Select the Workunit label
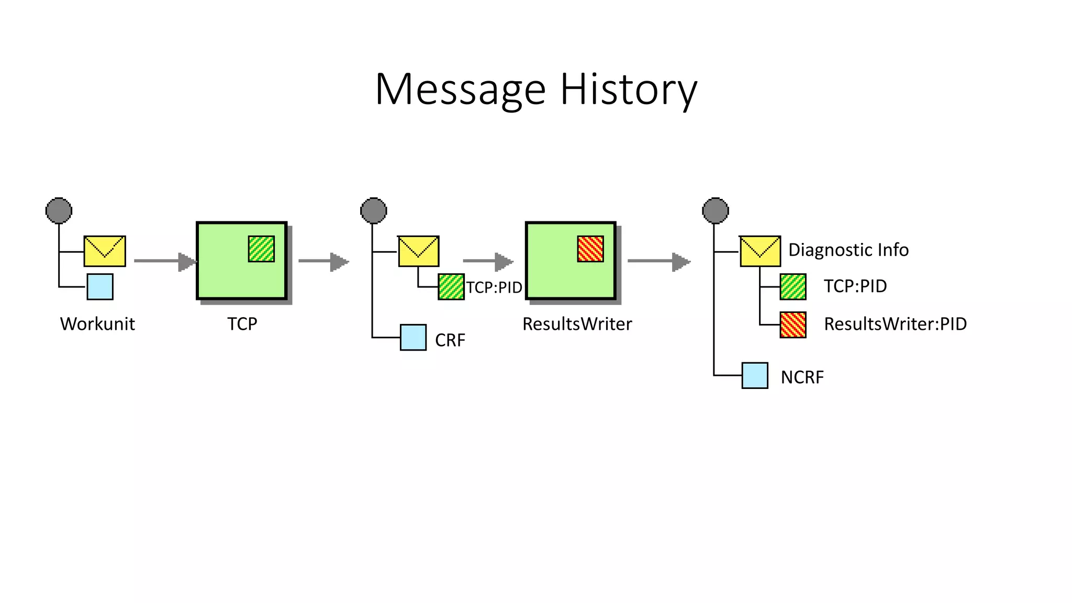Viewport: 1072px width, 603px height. [97, 324]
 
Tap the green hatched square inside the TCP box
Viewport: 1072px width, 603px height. [261, 249]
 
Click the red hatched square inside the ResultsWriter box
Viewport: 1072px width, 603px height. [590, 249]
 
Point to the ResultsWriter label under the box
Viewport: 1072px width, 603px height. [577, 324]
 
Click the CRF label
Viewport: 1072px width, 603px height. [450, 340]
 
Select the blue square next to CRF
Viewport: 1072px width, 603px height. [413, 338]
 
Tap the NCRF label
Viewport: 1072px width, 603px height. [802, 377]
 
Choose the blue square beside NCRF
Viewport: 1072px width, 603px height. [755, 375]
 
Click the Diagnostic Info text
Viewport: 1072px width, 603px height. [848, 250]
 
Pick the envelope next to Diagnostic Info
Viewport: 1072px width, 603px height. [760, 251]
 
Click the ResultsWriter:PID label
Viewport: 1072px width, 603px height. [895, 324]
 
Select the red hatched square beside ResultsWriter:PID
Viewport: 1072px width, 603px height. [792, 325]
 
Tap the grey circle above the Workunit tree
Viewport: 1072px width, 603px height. [59, 210]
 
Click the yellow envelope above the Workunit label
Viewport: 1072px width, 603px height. [105, 251]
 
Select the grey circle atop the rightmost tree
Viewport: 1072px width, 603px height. [715, 210]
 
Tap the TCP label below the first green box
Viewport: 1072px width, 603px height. [242, 324]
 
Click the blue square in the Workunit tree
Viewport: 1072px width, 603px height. [100, 287]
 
